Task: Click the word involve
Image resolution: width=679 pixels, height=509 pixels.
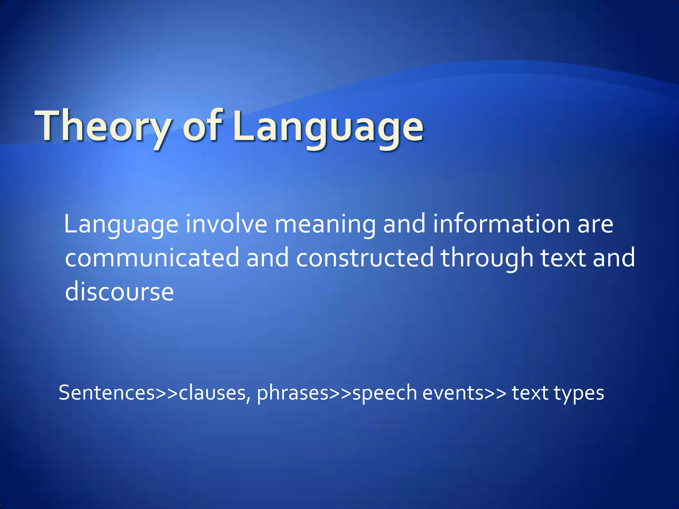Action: [x=226, y=224]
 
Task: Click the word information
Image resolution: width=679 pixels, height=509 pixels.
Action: [x=501, y=224]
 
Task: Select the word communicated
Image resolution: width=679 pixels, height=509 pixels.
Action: [x=152, y=258]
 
